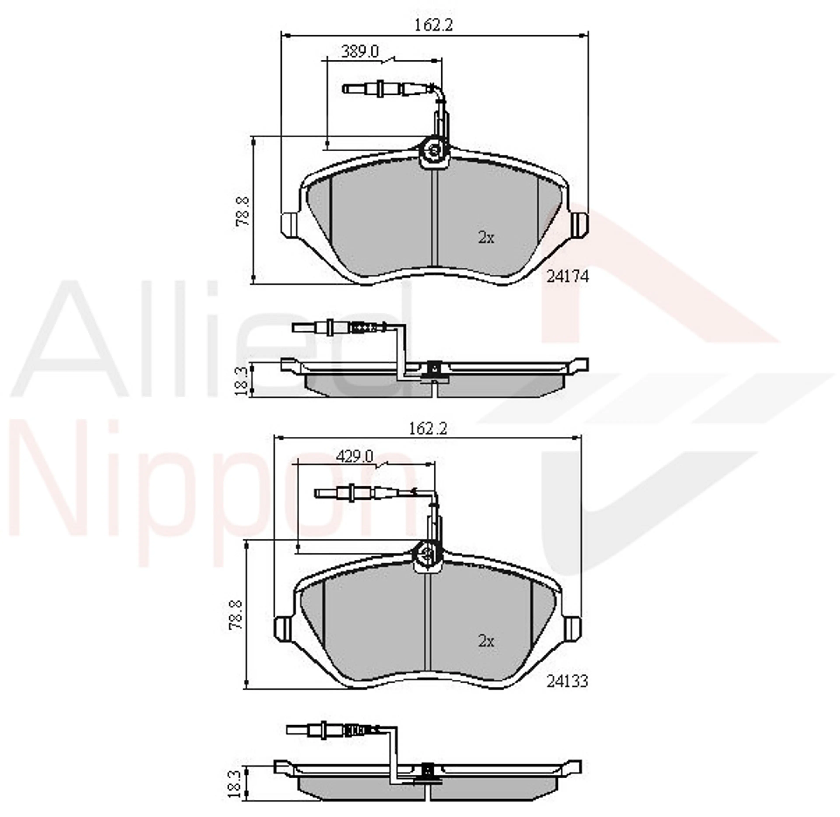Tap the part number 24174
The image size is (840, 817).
[567, 276]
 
